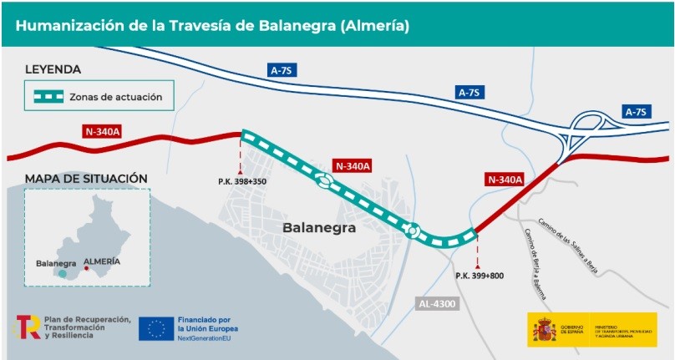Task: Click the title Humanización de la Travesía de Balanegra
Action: click(x=212, y=26)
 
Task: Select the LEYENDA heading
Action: click(x=53, y=70)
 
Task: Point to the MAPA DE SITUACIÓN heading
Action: click(x=86, y=179)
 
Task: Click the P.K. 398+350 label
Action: click(x=242, y=181)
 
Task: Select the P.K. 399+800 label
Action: click(x=480, y=275)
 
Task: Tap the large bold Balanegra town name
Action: click(x=319, y=227)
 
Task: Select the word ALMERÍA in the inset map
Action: click(x=102, y=261)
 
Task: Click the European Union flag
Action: click(x=155, y=328)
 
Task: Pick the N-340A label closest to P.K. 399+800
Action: click(x=505, y=179)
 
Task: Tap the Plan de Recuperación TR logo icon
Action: click(x=28, y=327)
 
